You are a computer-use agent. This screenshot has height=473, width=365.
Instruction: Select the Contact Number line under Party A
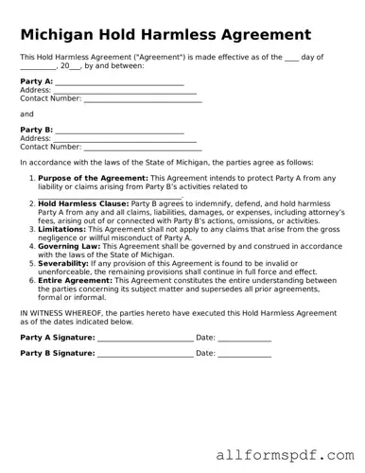point(142,98)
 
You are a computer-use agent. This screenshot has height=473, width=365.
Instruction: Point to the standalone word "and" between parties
point(26,114)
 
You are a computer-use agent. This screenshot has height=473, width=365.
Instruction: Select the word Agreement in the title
point(262,34)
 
